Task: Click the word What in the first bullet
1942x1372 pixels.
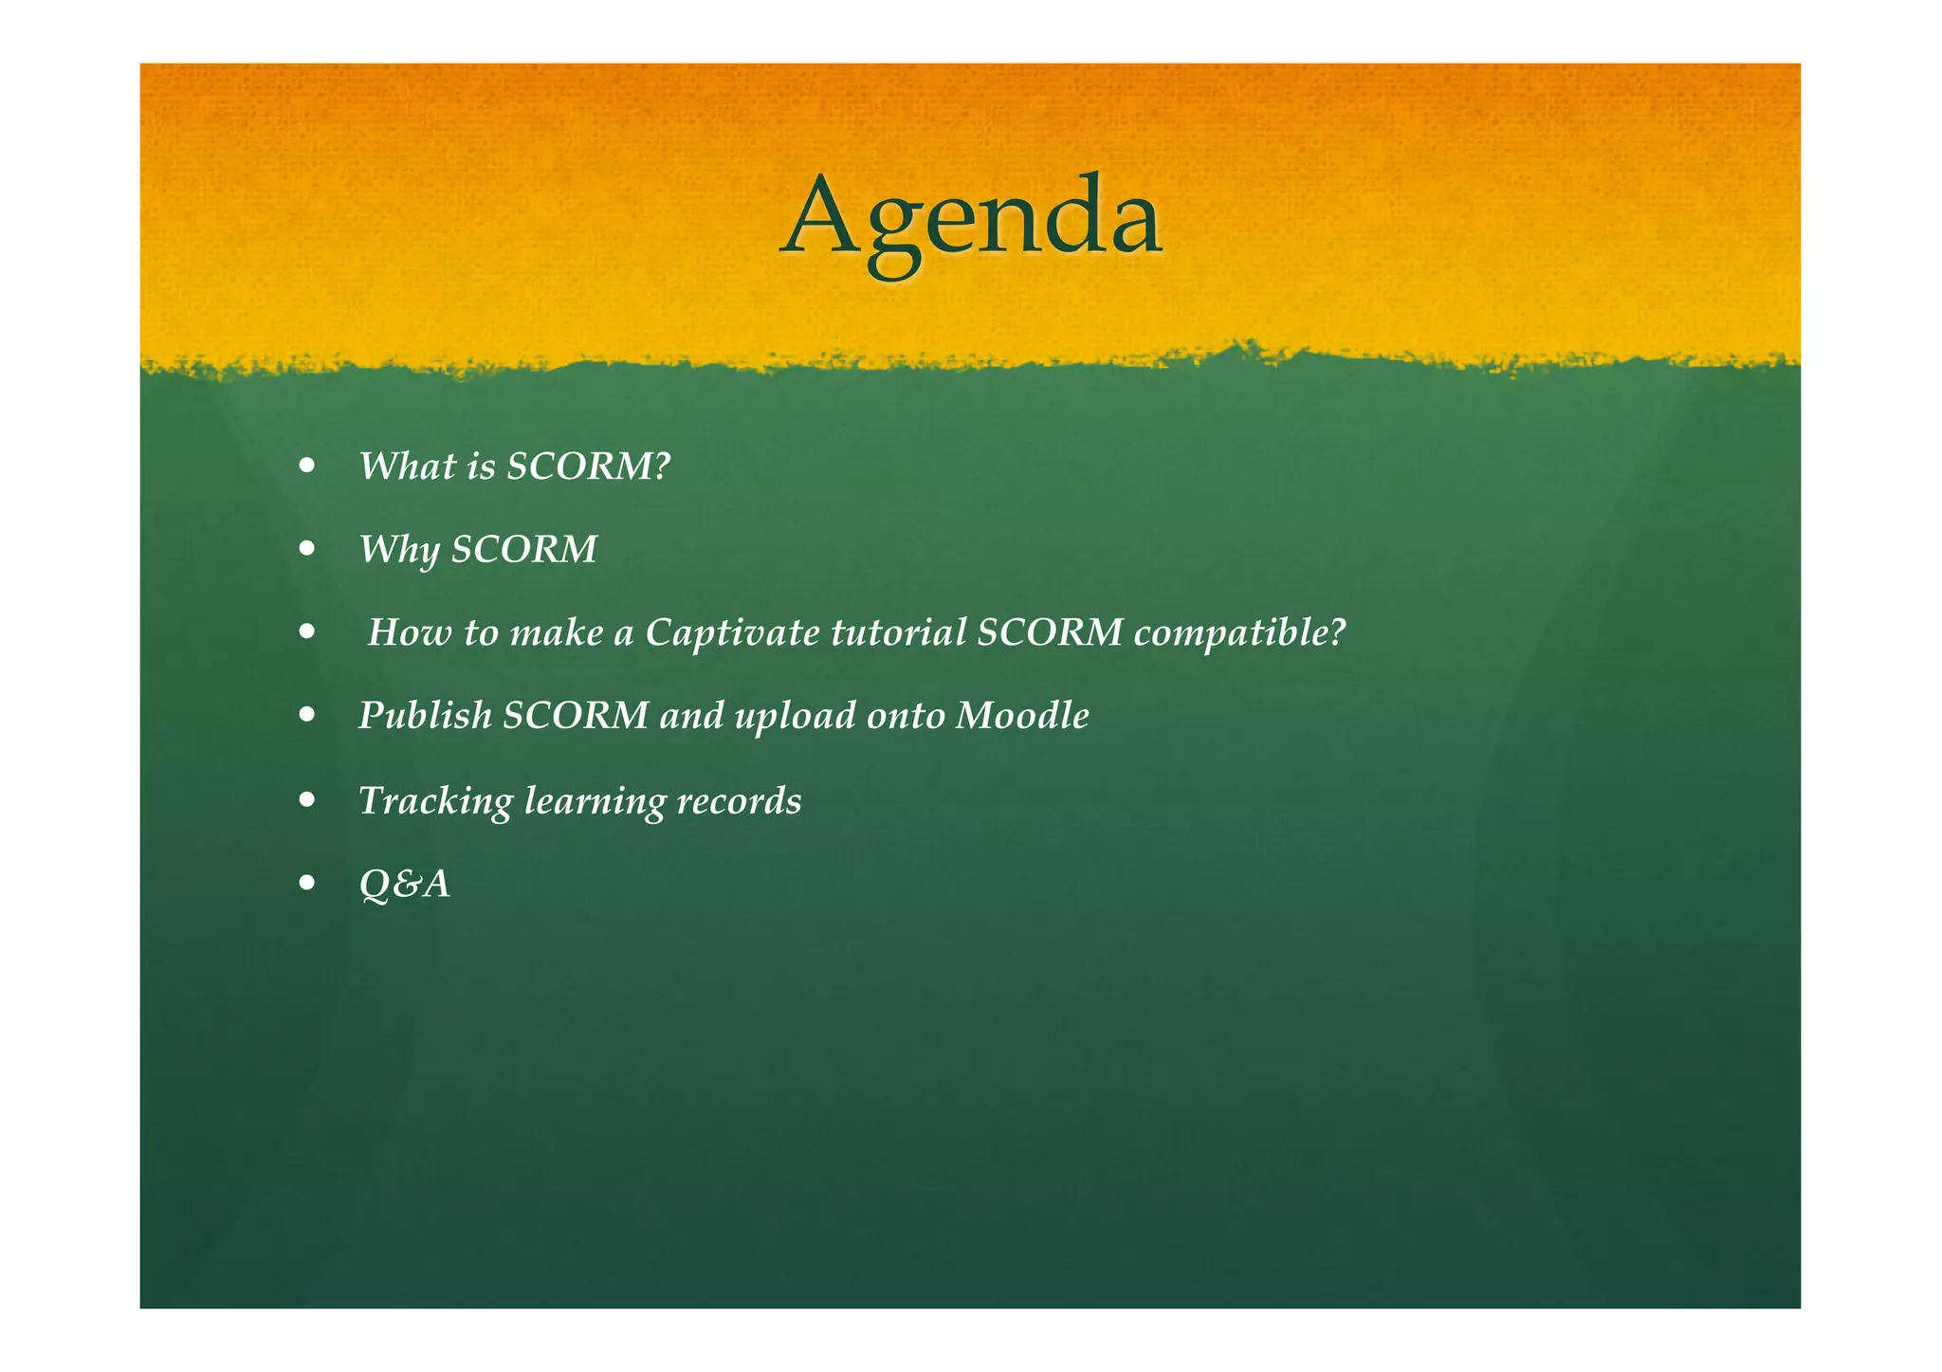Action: (x=407, y=466)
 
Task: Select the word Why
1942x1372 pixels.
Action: (x=397, y=550)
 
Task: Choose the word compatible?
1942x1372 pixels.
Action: (x=1239, y=632)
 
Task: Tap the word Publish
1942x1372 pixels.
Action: (x=425, y=716)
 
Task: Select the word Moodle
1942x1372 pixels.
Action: (x=1022, y=716)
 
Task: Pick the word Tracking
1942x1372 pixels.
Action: (x=435, y=801)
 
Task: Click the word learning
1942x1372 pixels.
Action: (x=595, y=801)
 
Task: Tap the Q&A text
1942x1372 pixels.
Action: (x=404, y=885)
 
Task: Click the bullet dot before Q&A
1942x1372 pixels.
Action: (x=306, y=884)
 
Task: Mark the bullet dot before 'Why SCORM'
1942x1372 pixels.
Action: (x=306, y=549)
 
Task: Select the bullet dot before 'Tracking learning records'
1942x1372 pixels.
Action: (x=306, y=800)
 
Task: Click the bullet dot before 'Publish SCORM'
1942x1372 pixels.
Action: (x=306, y=715)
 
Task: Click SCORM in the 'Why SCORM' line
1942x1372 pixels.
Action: (x=523, y=550)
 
